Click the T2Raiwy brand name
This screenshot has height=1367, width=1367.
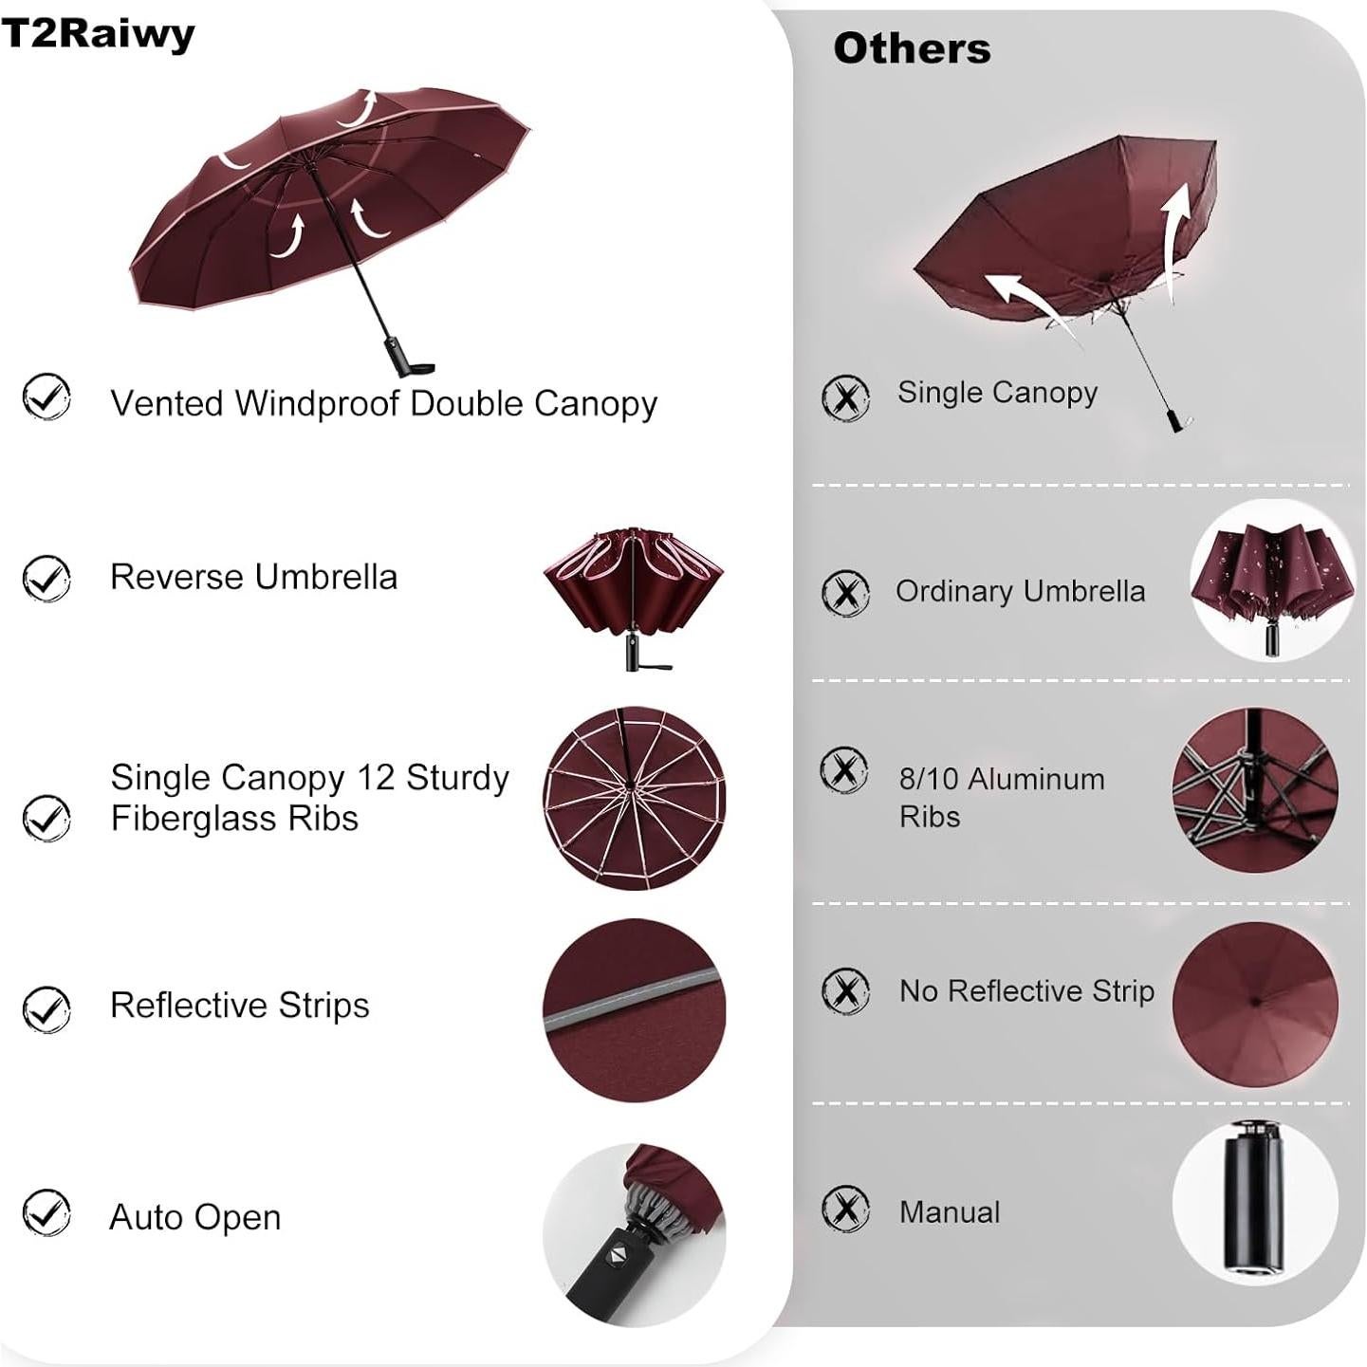pyautogui.click(x=98, y=34)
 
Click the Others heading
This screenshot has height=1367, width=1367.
pyautogui.click(x=912, y=48)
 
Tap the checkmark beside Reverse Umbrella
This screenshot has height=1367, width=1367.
pyautogui.click(x=46, y=578)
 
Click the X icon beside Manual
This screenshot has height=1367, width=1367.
pyautogui.click(x=845, y=1209)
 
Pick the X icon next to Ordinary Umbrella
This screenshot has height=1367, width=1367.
pyautogui.click(x=845, y=593)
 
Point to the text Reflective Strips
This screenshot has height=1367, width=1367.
pyautogui.click(x=239, y=1005)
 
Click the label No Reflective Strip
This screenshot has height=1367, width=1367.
pyautogui.click(x=1026, y=990)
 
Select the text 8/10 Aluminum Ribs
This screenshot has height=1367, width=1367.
pyautogui.click(x=1001, y=797)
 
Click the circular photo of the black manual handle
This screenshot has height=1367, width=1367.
pyautogui.click(x=1254, y=1203)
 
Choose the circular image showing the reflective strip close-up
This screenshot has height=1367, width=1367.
pyautogui.click(x=634, y=1009)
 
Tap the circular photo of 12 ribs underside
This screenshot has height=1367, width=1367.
pyautogui.click(x=634, y=797)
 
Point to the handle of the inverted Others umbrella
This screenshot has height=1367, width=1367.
pyautogui.click(x=1177, y=419)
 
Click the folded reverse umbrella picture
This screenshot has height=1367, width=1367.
pyautogui.click(x=633, y=596)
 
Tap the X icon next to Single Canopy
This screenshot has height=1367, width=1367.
pyautogui.click(x=845, y=397)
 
